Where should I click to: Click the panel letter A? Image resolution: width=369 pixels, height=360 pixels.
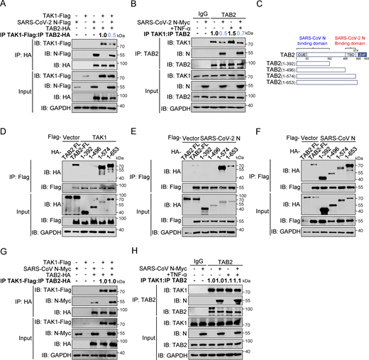pyautogui.click(x=4, y=4)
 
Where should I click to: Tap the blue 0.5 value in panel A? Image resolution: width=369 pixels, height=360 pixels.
pyautogui.click(x=104, y=33)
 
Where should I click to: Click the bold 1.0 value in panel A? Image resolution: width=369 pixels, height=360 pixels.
pyautogui.click(x=90, y=33)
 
